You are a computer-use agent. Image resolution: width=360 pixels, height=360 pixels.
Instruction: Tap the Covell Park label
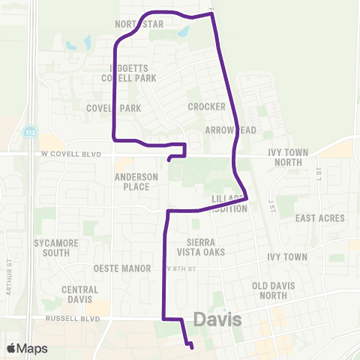pos(114,108)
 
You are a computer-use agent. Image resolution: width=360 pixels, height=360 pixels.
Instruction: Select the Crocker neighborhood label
pos(202,107)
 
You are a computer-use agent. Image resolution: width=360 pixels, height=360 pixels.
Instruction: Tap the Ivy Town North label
pos(289,157)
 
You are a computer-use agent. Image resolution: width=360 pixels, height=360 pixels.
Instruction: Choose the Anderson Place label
pos(136,181)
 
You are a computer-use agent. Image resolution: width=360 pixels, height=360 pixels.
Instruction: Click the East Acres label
pos(319,218)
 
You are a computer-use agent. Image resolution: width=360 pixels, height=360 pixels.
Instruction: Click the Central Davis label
pos(79,295)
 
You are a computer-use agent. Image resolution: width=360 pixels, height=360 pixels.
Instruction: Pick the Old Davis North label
pos(280,290)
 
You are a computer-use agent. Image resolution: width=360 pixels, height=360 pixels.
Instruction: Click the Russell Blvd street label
pos(73,318)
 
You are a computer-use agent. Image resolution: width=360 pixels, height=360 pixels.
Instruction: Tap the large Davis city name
pos(217,320)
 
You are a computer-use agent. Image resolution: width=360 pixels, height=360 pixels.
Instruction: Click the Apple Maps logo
pos(27,348)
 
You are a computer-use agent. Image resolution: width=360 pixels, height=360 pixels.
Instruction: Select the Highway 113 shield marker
pos(29,130)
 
